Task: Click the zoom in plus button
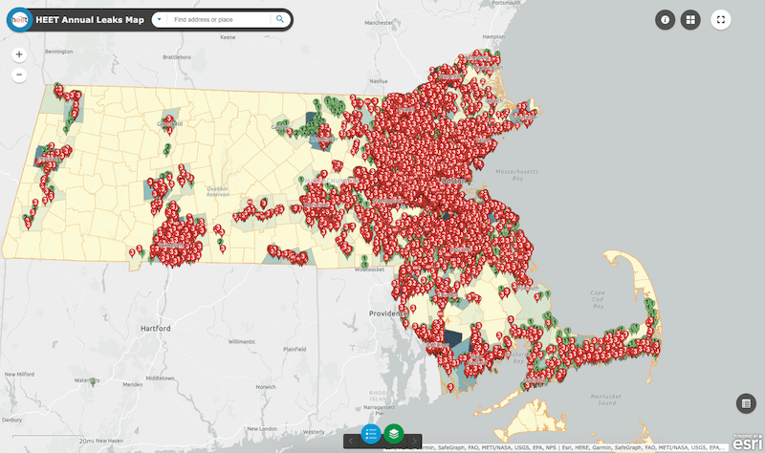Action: (19, 54)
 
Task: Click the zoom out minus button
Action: (19, 74)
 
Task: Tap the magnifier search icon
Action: (280, 19)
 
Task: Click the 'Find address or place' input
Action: (220, 19)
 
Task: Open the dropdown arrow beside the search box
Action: (158, 19)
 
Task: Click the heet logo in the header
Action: (17, 19)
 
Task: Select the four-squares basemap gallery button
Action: (690, 19)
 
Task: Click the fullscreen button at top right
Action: (721, 19)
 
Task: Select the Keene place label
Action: (228, 37)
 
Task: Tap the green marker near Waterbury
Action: (93, 381)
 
